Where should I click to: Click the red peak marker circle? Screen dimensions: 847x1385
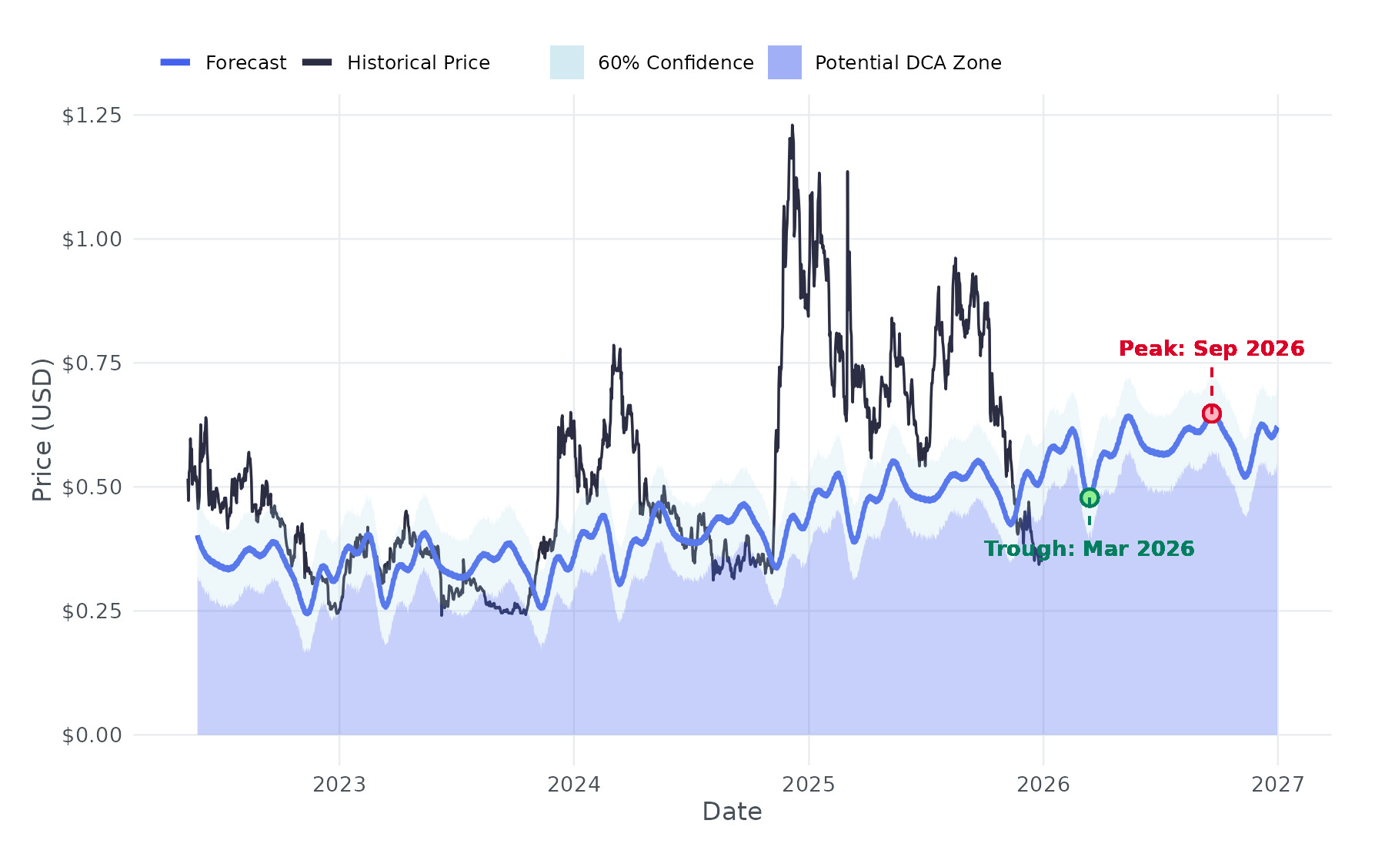(x=1212, y=414)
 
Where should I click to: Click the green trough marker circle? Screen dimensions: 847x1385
(x=1089, y=498)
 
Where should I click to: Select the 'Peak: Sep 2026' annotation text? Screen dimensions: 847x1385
(x=1211, y=349)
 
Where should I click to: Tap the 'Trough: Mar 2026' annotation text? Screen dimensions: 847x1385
(x=1089, y=549)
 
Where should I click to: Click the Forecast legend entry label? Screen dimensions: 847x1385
(x=245, y=63)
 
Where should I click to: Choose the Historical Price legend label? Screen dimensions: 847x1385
(x=418, y=63)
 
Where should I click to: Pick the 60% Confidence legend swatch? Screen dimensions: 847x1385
(x=567, y=62)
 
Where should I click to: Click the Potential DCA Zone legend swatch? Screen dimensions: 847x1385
(x=785, y=62)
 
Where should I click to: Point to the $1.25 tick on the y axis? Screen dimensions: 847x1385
(x=92, y=115)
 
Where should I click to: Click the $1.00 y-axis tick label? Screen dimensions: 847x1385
(x=92, y=239)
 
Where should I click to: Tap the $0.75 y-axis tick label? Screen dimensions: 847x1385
(x=92, y=363)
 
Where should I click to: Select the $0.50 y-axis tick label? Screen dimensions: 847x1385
(x=92, y=487)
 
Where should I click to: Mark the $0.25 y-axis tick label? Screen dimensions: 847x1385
(x=92, y=611)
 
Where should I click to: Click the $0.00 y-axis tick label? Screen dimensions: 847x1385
(x=92, y=735)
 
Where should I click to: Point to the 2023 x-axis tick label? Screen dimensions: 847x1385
(x=339, y=785)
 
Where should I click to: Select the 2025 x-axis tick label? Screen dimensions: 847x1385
(x=809, y=785)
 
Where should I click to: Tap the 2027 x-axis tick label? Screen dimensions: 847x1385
(x=1278, y=785)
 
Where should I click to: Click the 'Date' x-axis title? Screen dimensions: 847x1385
(x=732, y=812)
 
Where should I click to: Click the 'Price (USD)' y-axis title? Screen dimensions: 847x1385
(x=42, y=430)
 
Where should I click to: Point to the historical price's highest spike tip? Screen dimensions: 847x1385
(x=792, y=126)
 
